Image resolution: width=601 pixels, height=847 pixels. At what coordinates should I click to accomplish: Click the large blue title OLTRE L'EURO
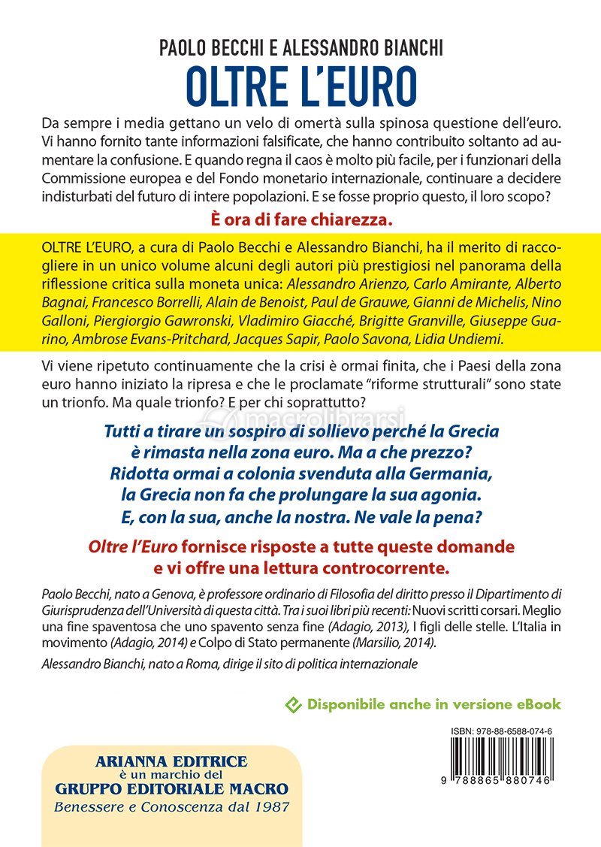tap(300, 89)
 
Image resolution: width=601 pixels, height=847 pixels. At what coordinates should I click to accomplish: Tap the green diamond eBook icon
tap(294, 704)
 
